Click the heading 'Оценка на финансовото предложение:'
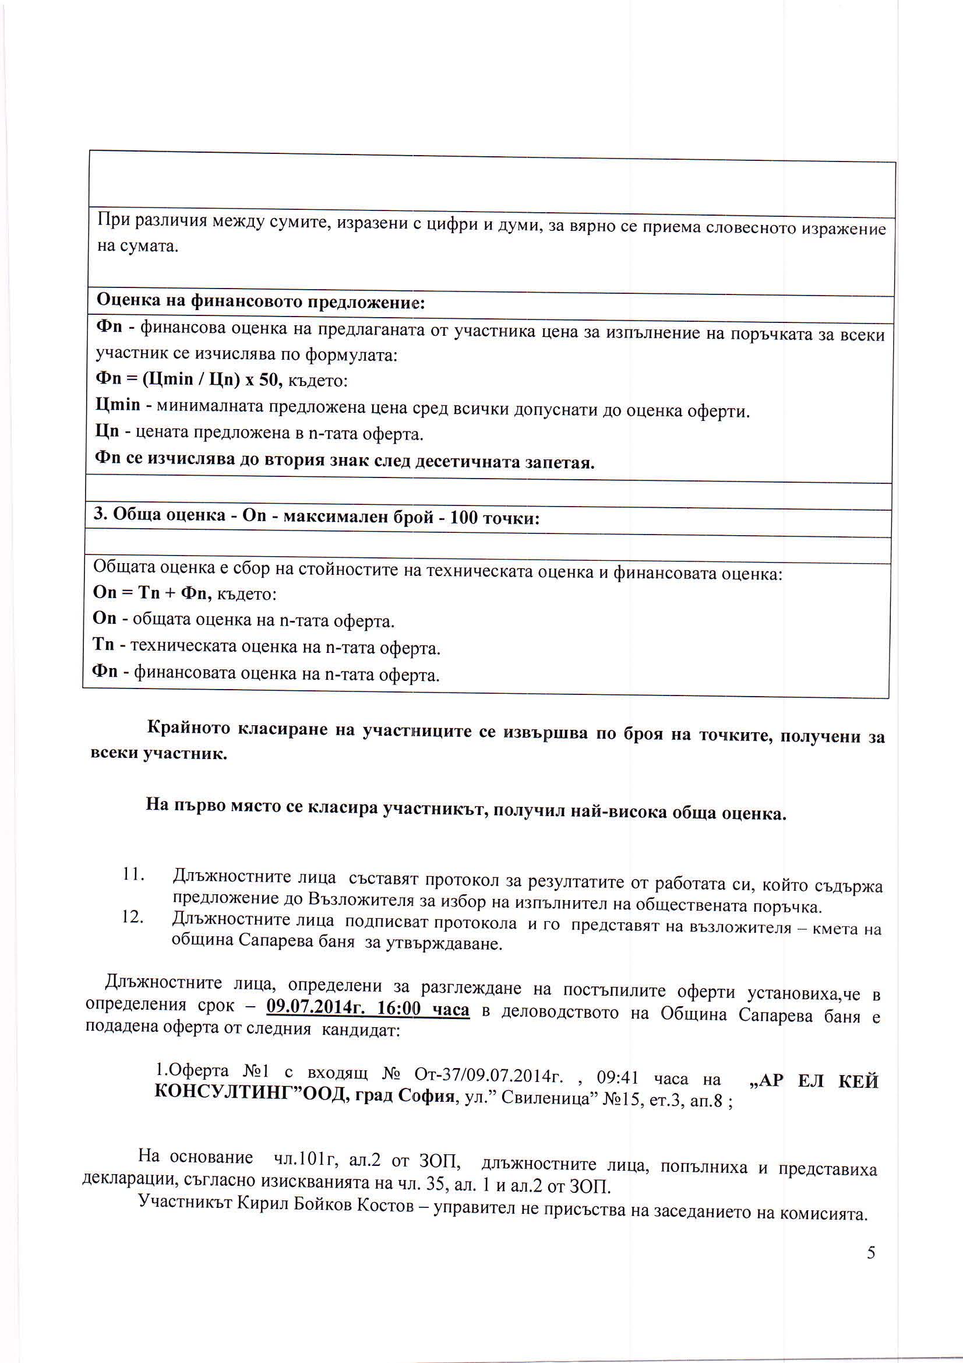260,302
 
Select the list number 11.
133,875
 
